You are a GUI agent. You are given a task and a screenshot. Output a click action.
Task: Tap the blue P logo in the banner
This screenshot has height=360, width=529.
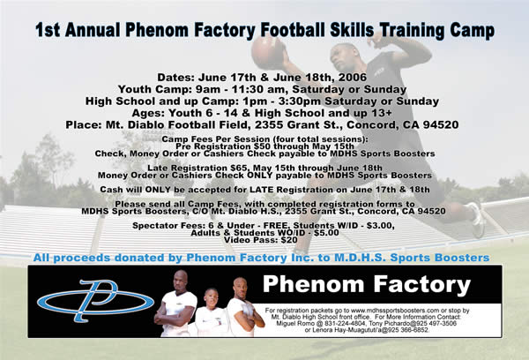pyautogui.click(x=95, y=301)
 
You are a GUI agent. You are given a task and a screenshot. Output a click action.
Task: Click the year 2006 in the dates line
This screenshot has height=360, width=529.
pyautogui.click(x=352, y=78)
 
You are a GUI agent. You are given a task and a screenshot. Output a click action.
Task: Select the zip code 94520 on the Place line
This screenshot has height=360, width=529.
pyautogui.click(x=441, y=125)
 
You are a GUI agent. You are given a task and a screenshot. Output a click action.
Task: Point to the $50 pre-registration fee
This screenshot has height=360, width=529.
pyautogui.click(x=262, y=146)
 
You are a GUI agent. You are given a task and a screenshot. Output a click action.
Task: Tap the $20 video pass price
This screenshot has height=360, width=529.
pyautogui.click(x=290, y=240)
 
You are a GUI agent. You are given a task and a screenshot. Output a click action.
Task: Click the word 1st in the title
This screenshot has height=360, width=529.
pyautogui.click(x=48, y=30)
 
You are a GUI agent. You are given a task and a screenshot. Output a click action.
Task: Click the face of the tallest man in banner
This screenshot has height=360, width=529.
pyautogui.click(x=181, y=281)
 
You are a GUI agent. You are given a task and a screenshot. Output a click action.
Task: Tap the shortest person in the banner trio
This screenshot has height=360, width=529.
pyautogui.click(x=211, y=313)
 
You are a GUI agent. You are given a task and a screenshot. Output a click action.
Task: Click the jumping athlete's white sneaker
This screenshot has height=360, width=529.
pyautogui.click(x=477, y=220)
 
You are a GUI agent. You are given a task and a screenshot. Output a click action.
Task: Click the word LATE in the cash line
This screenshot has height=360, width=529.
pyautogui.click(x=261, y=190)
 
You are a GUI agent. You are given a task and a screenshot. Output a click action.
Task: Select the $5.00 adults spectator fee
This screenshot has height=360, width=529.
pyautogui.click(x=326, y=233)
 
